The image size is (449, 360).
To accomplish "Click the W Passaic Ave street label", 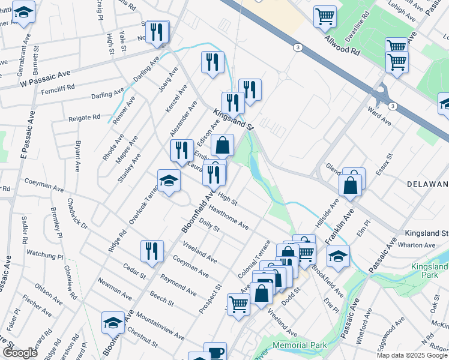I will [45, 76].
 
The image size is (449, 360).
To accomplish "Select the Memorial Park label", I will [300, 345].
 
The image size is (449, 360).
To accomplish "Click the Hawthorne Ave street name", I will [229, 217].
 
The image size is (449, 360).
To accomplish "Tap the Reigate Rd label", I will [84, 118].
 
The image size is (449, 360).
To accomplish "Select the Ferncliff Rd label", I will [58, 88].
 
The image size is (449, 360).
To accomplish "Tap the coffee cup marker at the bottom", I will [215, 352].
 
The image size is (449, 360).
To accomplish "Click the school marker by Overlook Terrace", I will [169, 180].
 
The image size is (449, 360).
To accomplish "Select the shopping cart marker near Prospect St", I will [238, 304].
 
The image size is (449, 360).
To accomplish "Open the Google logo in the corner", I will [19, 353].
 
